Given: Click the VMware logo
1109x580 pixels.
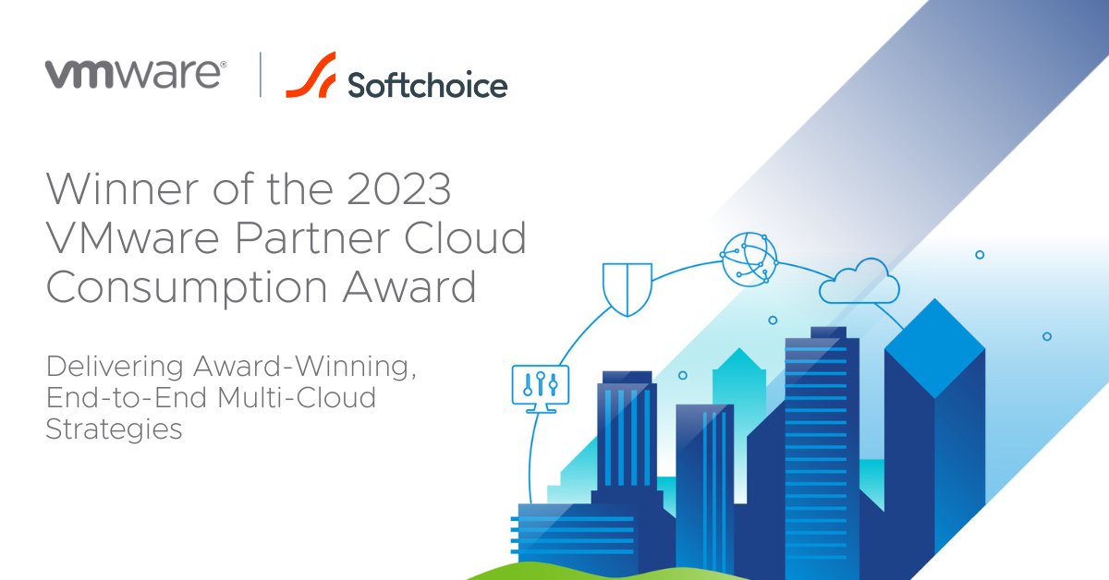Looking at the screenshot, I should coord(135,74).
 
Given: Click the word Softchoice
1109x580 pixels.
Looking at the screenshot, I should coord(427,85).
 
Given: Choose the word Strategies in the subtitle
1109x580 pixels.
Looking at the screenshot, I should coord(114,429).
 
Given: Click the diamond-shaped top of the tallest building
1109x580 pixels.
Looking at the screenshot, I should coord(933,346).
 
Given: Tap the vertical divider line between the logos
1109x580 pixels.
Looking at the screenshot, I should coord(260,75).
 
